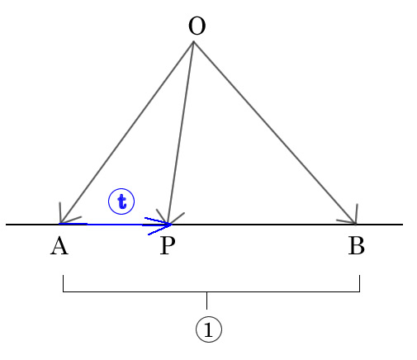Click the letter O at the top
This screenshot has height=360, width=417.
(197, 26)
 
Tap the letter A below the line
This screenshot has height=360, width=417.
(59, 246)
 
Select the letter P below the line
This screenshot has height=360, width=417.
(168, 246)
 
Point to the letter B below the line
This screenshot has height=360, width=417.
(357, 246)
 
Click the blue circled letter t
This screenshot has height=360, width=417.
(121, 201)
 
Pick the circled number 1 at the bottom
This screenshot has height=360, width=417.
(209, 329)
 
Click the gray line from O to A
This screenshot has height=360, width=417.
(126, 133)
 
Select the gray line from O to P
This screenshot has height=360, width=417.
(181, 133)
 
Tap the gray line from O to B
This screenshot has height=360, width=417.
(274, 133)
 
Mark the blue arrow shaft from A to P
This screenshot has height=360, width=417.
(115, 225)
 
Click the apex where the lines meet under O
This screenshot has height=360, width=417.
(193, 42)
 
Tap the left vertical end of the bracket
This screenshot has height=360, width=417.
(64, 283)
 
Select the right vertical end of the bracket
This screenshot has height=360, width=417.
(359, 283)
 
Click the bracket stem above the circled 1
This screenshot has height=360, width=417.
(207, 301)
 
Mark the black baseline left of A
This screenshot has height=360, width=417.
(32, 225)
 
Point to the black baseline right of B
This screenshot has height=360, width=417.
(380, 225)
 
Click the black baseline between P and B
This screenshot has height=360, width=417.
(263, 225)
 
